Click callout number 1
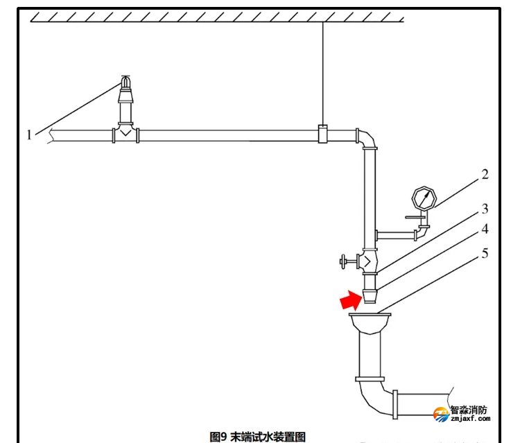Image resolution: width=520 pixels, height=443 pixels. [x=29, y=134]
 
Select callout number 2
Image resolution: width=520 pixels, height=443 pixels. [x=485, y=174]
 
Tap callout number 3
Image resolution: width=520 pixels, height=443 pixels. [x=485, y=208]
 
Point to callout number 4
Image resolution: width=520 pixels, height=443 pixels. [x=485, y=228]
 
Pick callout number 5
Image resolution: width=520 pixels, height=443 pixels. [x=485, y=254]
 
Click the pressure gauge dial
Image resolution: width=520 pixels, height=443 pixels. [x=422, y=198]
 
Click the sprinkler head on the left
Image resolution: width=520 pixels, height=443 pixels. [x=125, y=89]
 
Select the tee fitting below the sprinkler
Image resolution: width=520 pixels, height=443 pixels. [x=125, y=133]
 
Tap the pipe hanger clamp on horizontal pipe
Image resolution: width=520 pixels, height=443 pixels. [x=323, y=134]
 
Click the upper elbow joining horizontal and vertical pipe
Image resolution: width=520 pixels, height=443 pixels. [x=367, y=139]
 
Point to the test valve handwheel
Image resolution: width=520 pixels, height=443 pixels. [x=343, y=262]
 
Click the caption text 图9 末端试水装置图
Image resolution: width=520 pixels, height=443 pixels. [x=258, y=436]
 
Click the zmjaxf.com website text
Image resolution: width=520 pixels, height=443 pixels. [x=469, y=419]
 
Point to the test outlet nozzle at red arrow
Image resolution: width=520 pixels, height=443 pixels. [x=371, y=296]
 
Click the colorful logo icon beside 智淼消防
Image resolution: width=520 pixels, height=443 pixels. [x=441, y=414]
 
